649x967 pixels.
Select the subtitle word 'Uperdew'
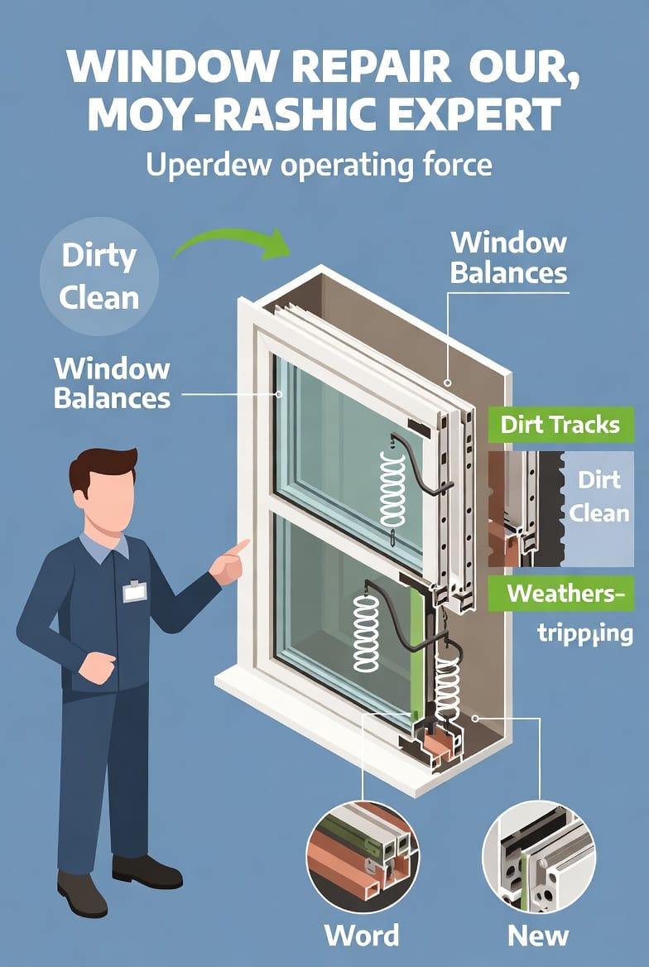tap(206, 165)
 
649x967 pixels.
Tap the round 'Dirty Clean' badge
tap(99, 276)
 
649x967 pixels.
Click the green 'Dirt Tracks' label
tap(560, 426)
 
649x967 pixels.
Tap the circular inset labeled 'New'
tap(538, 856)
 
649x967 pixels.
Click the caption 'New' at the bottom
tap(538, 936)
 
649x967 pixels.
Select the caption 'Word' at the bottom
tap(362, 936)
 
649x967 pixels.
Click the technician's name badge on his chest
tap(134, 591)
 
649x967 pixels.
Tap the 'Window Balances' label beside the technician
tap(112, 383)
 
